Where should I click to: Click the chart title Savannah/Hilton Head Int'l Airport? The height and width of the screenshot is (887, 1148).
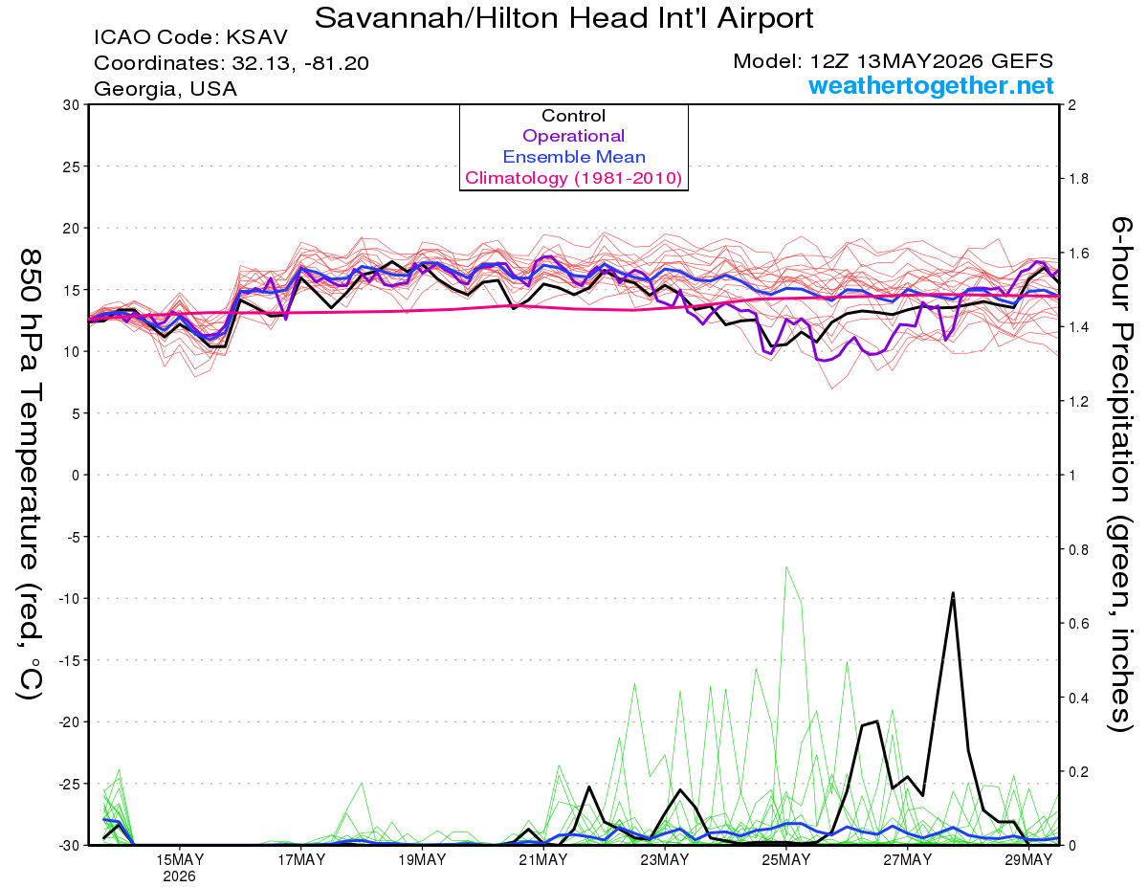coord(563,18)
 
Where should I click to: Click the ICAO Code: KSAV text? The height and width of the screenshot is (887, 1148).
coord(190,37)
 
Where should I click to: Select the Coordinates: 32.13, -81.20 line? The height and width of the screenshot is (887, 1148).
coord(232,63)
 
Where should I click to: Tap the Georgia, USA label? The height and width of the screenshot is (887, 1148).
coord(166,89)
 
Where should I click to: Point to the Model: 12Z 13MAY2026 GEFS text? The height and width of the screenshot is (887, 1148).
coord(893,61)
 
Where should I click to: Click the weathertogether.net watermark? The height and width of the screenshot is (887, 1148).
coord(931,85)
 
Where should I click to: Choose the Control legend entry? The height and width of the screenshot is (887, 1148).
coord(573,116)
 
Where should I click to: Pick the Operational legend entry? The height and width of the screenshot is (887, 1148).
coord(573,136)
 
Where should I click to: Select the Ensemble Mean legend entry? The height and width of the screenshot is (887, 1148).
coord(574,157)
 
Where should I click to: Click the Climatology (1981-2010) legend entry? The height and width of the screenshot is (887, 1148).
coord(574,178)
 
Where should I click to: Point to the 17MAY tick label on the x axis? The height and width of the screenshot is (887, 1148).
coord(301,859)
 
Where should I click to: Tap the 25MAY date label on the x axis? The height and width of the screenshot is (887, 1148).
coord(786,859)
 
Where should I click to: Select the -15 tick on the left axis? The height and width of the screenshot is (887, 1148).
coord(69,660)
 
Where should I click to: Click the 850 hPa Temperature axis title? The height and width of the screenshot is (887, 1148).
coord(30,475)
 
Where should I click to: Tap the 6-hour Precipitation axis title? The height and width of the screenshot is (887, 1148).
coord(1120,474)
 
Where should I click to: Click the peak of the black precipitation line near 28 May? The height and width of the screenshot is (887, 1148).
coord(953,592)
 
